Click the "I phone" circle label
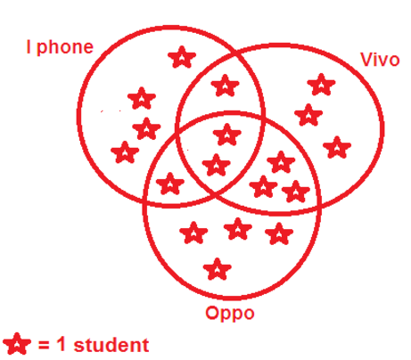tap(60, 47)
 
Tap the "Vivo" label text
tap(380, 60)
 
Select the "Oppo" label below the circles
tap(230, 314)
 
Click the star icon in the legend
tap(17, 344)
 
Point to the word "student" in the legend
tap(111, 345)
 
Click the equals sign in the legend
tap(44, 345)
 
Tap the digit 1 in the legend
tap(61, 344)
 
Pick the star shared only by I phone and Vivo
tap(226, 86)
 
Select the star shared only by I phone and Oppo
tap(170, 184)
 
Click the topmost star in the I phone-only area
tap(182, 57)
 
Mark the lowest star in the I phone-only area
tap(125, 152)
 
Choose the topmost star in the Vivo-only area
tap(321, 85)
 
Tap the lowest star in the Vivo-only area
tap(337, 147)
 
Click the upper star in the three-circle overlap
tap(227, 135)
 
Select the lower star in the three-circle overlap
tap(216, 165)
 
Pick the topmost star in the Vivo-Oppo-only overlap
tap(281, 162)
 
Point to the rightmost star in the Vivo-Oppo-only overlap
tap(296, 192)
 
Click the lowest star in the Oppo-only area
tap(218, 269)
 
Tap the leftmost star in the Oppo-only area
tap(193, 233)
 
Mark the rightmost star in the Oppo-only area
tap(279, 234)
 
